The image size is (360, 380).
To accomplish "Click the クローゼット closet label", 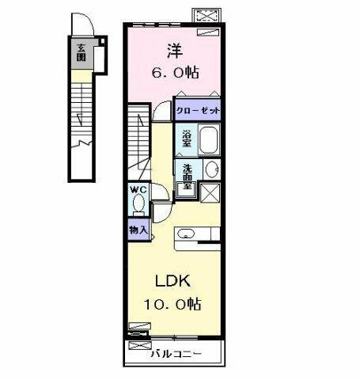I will point(198,112).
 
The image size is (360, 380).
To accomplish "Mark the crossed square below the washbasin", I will point(210,193).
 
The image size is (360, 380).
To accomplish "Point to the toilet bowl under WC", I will point(138,206).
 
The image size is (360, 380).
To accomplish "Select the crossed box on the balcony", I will point(138,346).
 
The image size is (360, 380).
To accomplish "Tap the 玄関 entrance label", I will point(81,54).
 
